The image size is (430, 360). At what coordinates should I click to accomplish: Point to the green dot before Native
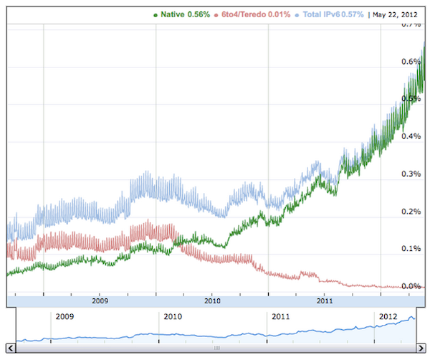[x=156, y=14]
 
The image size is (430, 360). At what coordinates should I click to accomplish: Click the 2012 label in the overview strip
[x=388, y=316]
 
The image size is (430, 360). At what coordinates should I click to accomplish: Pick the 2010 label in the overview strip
[x=173, y=316]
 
